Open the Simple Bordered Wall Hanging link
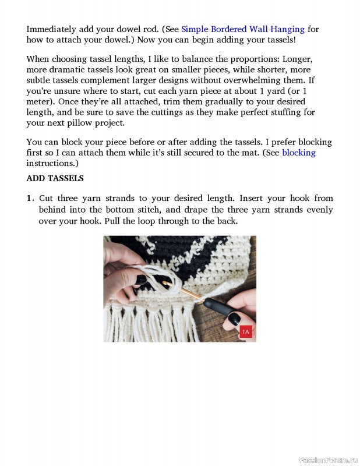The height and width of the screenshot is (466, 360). tap(243, 29)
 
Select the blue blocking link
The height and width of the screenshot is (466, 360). tap(298, 153)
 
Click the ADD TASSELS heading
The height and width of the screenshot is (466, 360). tap(55, 178)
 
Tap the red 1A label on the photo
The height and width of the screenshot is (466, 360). tap(245, 332)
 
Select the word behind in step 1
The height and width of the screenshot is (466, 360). tap(52, 210)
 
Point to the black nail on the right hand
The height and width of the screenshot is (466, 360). tap(234, 319)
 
